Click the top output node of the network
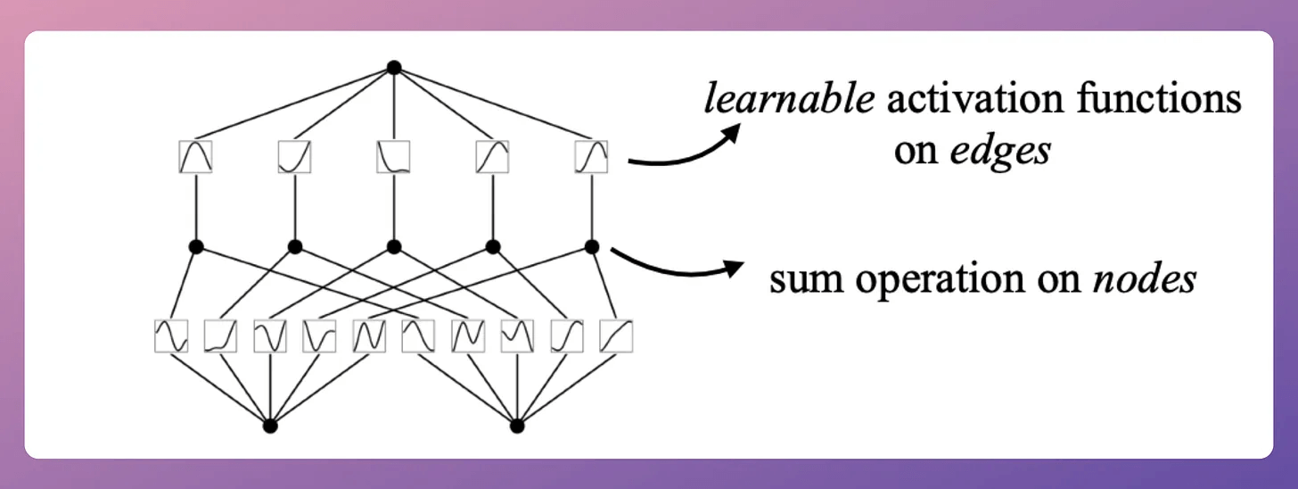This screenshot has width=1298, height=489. click(394, 67)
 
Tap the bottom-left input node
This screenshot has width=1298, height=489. click(271, 426)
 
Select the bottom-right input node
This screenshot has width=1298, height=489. click(517, 426)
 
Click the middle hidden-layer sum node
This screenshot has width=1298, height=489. click(394, 246)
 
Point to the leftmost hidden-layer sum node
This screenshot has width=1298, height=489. click(196, 246)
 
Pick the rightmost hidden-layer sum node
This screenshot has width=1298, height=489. click(590, 246)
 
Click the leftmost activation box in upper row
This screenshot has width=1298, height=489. click(195, 156)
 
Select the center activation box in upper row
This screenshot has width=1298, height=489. click(393, 156)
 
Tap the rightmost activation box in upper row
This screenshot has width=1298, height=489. click(591, 156)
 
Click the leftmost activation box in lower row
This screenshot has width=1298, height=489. click(171, 336)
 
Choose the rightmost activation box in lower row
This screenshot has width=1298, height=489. click(616, 336)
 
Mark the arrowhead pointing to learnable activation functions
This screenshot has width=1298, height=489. click(731, 132)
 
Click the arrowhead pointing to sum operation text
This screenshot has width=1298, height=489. click(733, 267)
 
